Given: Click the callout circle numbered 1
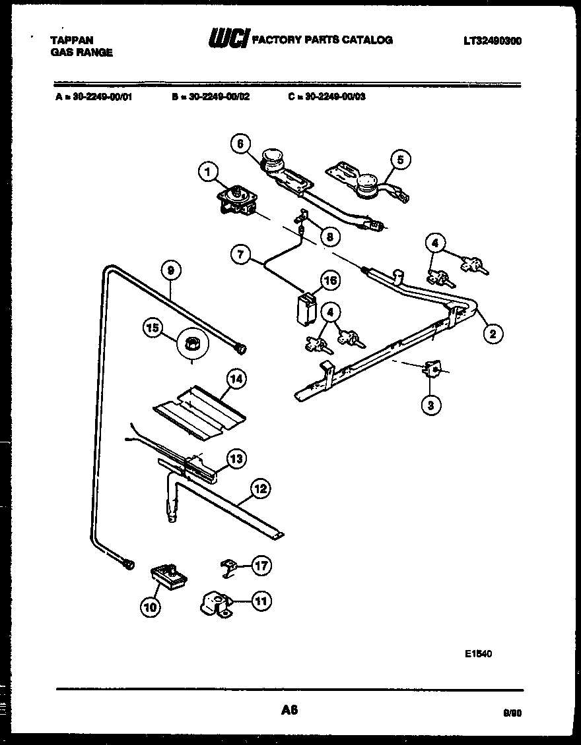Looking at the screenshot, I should click(208, 173).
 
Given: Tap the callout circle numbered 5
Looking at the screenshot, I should click(400, 159).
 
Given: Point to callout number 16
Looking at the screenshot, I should click(329, 282).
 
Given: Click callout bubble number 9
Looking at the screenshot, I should click(171, 270).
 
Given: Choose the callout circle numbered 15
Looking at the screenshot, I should click(153, 328).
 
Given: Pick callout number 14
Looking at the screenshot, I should click(236, 378).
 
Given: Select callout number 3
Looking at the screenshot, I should click(430, 405).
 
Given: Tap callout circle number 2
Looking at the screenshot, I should click(492, 334).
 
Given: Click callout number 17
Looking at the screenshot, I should click(261, 566).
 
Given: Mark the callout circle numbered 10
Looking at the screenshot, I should click(151, 607).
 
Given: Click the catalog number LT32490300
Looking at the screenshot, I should click(492, 40).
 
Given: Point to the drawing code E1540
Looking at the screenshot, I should click(477, 653).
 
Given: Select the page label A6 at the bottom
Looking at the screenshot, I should click(289, 710).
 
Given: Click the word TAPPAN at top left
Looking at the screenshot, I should click(71, 40).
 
